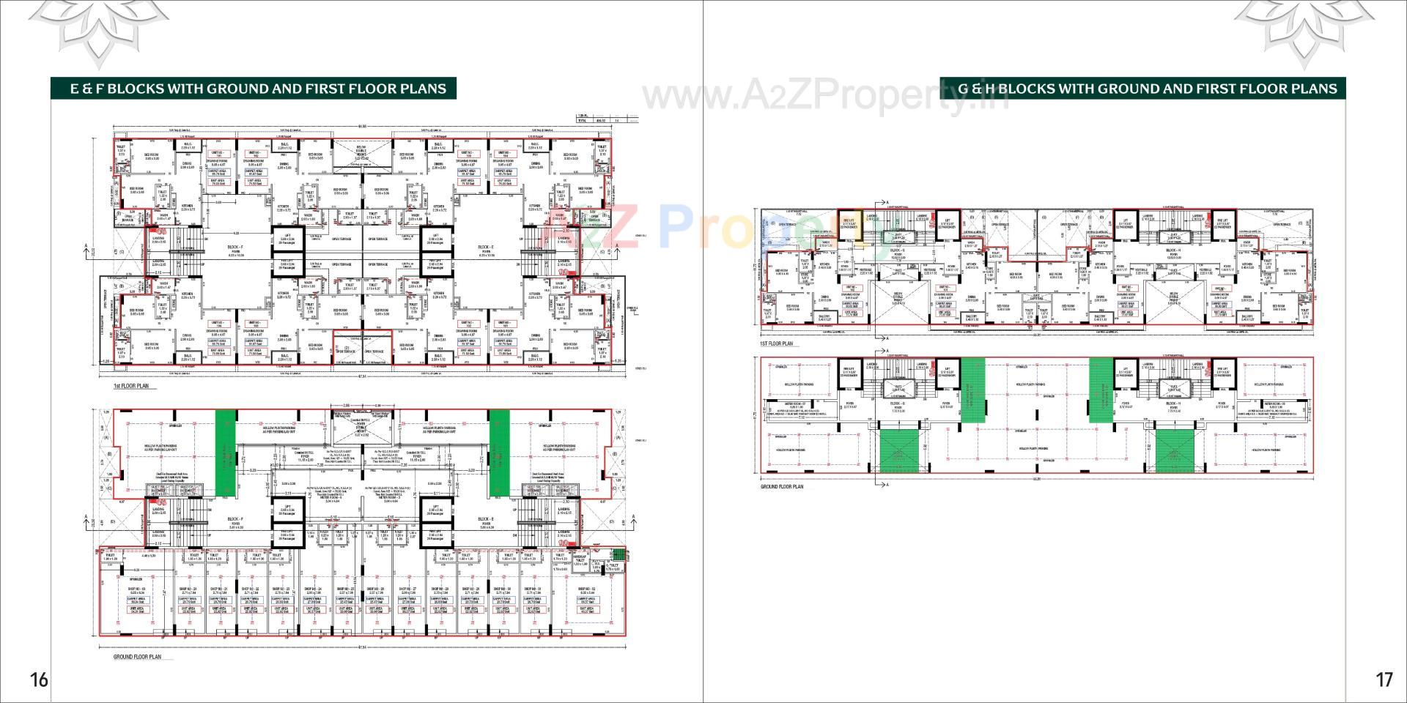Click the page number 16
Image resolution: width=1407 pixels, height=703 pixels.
[38, 680]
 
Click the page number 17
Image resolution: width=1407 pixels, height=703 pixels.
[1384, 680]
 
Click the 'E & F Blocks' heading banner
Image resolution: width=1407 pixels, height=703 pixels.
[258, 89]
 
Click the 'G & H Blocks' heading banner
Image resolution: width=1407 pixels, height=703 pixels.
[1147, 89]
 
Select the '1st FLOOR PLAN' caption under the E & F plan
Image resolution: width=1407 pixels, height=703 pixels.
[130, 385]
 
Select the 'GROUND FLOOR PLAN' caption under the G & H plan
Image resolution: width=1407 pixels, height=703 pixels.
[782, 486]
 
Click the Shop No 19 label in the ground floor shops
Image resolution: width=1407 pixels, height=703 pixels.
[138, 589]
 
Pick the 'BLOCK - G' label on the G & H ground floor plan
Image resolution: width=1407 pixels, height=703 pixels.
[898, 403]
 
